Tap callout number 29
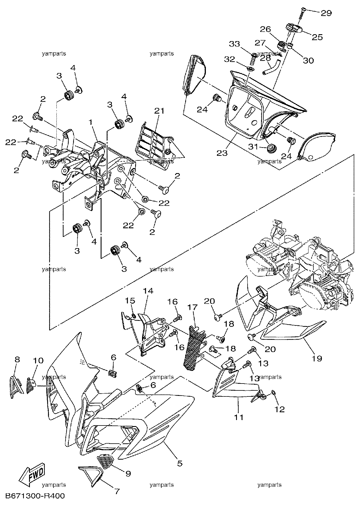326,13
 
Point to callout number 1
91,122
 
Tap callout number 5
180,463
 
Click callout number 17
193,307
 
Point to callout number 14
149,291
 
